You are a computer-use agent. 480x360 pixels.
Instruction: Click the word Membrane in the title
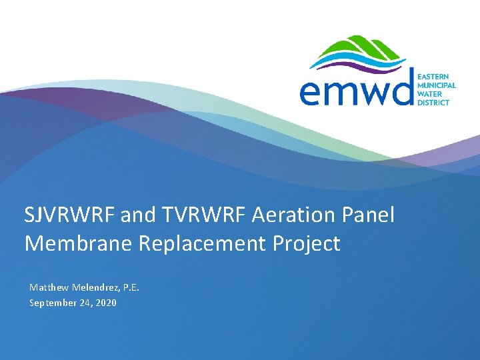(x=79, y=244)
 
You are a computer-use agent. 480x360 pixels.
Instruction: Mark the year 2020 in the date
(x=106, y=303)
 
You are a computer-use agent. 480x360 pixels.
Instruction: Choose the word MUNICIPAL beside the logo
(x=437, y=85)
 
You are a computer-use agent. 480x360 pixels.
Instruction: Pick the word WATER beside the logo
(x=429, y=94)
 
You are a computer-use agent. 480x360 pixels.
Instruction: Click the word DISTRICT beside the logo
(x=433, y=103)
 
